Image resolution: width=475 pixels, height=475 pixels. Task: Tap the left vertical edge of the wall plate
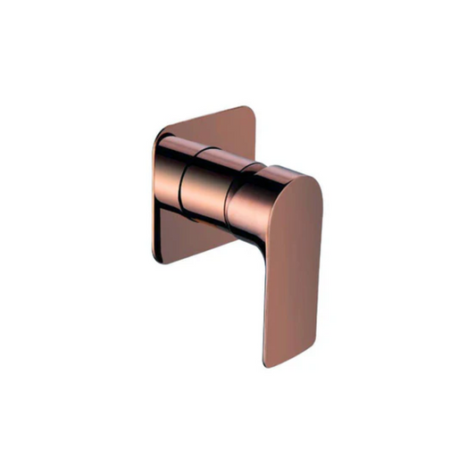pyautogui.click(x=154, y=196)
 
